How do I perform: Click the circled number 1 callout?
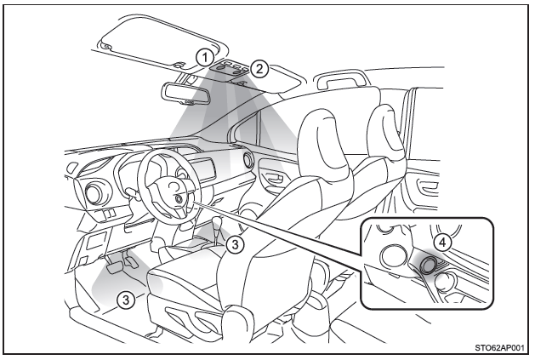[x=205, y=57]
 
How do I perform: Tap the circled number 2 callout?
[x=259, y=69]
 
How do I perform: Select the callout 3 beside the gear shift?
[x=235, y=244]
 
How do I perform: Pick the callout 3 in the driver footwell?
[x=126, y=300]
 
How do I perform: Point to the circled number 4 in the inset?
[x=442, y=243]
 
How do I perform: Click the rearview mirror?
[x=185, y=93]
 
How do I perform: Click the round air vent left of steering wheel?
[x=93, y=194]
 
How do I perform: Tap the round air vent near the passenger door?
[x=248, y=159]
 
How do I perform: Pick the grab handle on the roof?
[x=341, y=80]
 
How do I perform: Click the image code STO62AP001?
[x=499, y=348]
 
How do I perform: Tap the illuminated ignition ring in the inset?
[x=428, y=265]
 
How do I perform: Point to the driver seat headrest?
[x=324, y=140]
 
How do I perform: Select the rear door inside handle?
[x=427, y=188]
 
